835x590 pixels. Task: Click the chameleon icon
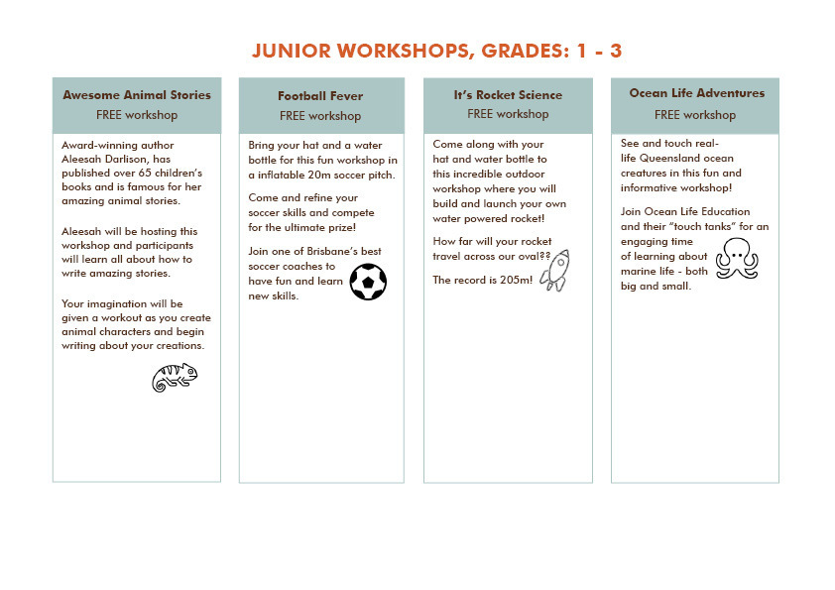[175, 377]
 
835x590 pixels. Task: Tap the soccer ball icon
[368, 282]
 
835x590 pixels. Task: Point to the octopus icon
[737, 256]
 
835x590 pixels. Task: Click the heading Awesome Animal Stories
[137, 95]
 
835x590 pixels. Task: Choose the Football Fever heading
[320, 96]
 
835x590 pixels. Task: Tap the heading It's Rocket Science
[508, 95]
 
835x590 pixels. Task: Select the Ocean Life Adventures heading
[697, 93]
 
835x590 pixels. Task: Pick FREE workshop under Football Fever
[320, 116]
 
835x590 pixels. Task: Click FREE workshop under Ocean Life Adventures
[695, 115]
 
